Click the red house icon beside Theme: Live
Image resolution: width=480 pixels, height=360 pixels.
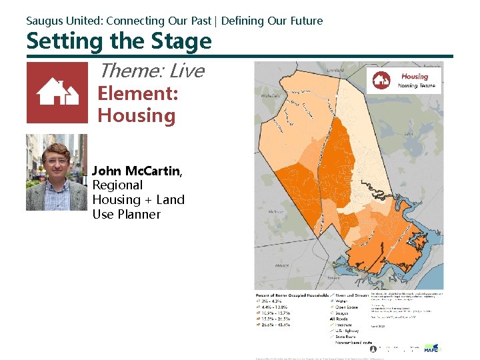(57, 93)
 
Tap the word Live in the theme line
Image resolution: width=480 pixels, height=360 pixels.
(186, 71)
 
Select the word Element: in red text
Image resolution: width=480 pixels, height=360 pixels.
(137, 94)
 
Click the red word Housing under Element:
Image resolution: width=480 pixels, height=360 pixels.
(136, 115)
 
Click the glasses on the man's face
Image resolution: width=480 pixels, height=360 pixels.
(57, 161)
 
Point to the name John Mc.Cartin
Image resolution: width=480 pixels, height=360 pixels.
(136, 171)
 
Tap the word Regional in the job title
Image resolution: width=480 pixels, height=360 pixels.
(117, 185)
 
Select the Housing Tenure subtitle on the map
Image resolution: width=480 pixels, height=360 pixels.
(417, 86)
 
